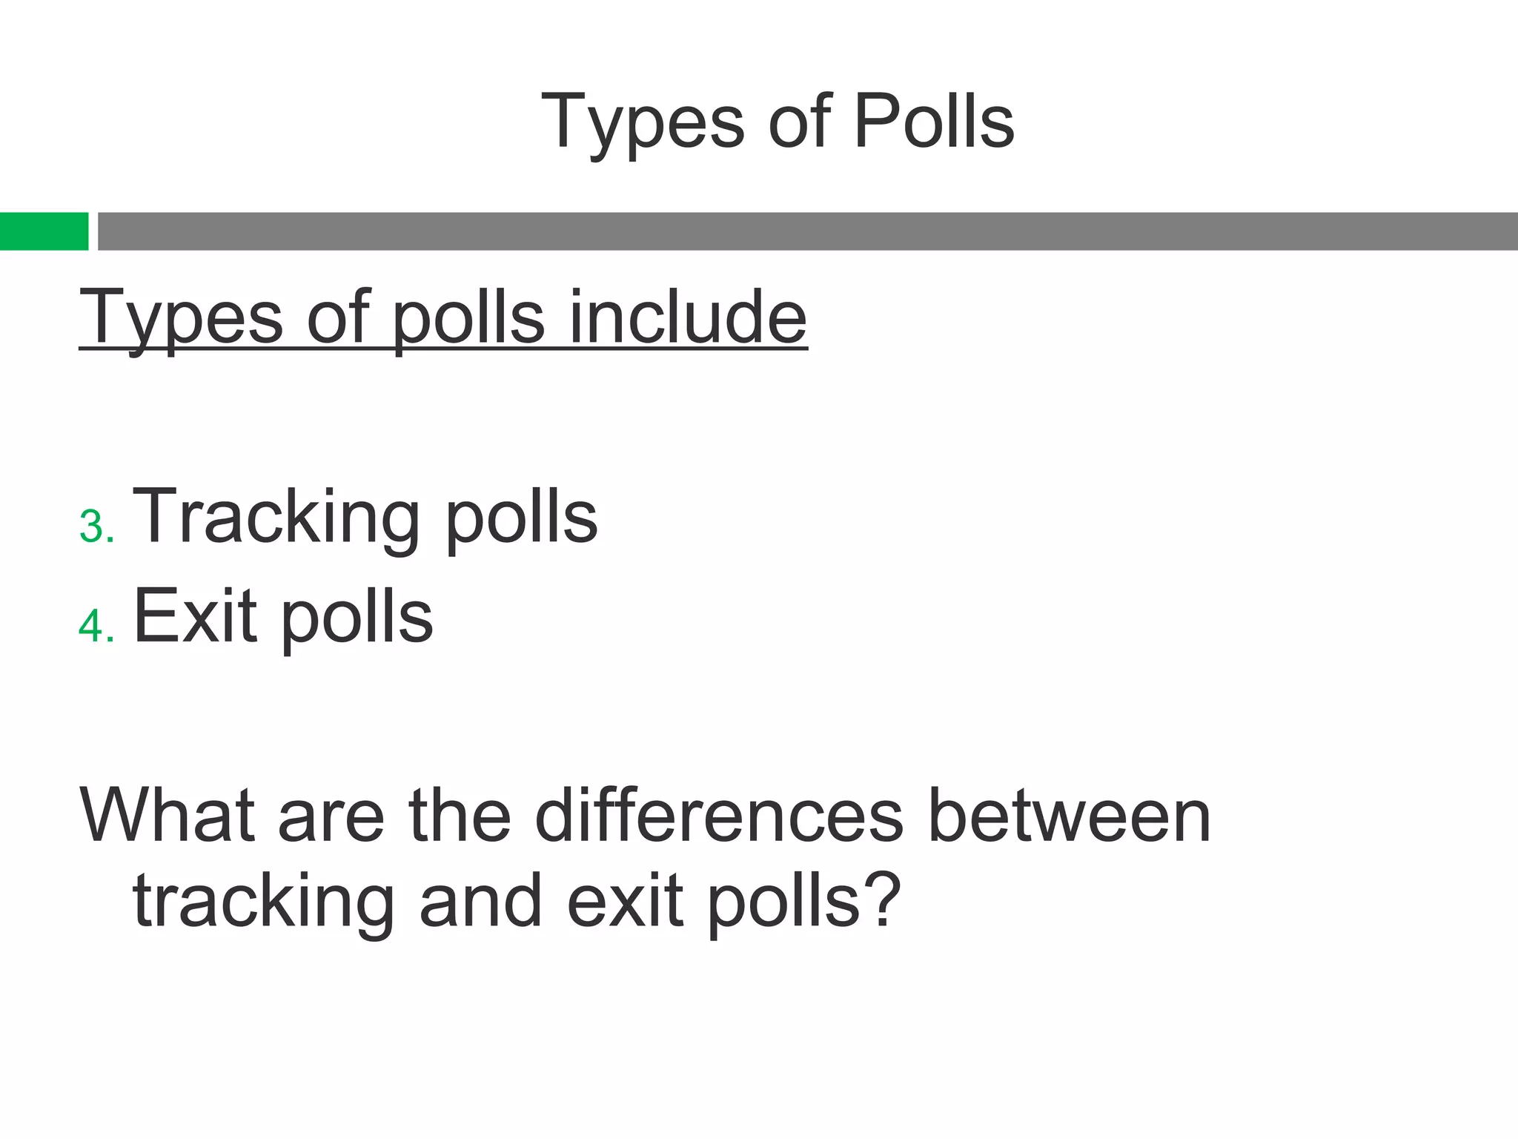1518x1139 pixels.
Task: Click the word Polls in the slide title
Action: coord(933,121)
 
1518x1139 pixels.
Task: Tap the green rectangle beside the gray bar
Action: coord(44,231)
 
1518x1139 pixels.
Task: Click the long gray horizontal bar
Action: coord(807,231)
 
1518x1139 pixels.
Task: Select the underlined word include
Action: coord(687,317)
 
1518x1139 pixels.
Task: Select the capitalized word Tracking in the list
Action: coord(276,517)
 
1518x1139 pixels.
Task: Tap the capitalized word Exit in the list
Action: coord(195,615)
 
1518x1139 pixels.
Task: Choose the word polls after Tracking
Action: coord(521,517)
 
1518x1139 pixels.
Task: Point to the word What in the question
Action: coord(167,815)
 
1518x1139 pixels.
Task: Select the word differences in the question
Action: coord(718,815)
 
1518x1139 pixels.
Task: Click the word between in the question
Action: coord(1069,815)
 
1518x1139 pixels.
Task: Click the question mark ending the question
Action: coord(882,899)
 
